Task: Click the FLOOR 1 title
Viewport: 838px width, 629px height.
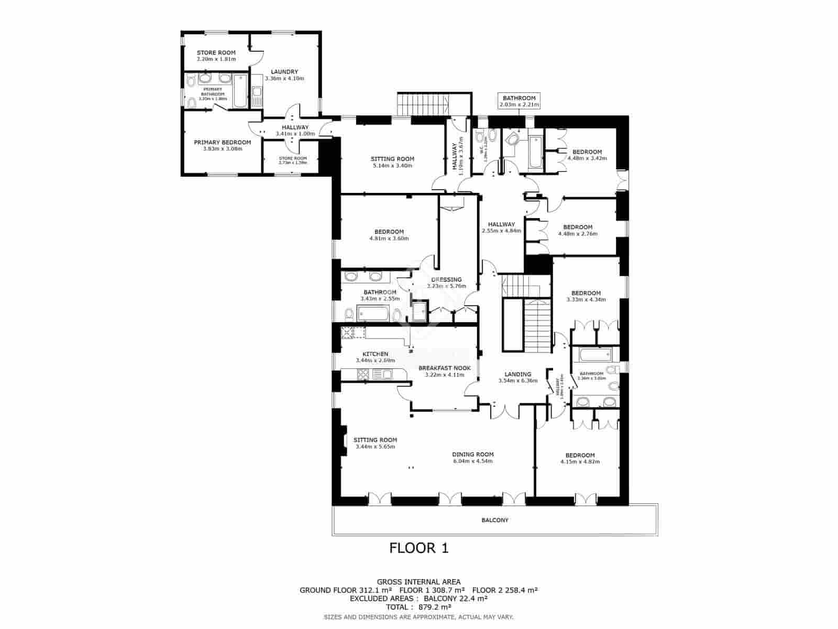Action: click(x=419, y=548)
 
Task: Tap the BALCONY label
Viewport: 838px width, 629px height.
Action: click(x=494, y=520)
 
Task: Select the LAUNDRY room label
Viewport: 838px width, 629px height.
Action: click(x=284, y=72)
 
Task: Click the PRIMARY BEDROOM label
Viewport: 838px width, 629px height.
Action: click(x=222, y=142)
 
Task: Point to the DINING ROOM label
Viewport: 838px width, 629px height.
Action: click(x=473, y=454)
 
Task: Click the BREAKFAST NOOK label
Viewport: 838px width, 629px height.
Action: click(x=444, y=368)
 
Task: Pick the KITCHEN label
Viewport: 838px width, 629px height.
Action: click(x=375, y=354)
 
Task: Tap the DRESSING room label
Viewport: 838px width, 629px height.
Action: click(x=446, y=279)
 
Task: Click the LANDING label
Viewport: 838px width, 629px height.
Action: click(x=517, y=374)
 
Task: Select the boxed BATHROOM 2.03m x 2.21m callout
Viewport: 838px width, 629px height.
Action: click(x=519, y=101)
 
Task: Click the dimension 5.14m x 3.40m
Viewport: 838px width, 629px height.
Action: click(x=392, y=166)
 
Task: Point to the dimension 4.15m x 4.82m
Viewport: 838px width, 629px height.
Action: click(x=580, y=462)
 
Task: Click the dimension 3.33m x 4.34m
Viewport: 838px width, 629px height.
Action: click(x=586, y=300)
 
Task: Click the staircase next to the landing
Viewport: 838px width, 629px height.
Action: click(x=538, y=326)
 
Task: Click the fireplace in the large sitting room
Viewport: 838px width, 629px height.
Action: click(x=342, y=440)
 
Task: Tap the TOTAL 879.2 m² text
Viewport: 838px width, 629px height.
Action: click(x=418, y=607)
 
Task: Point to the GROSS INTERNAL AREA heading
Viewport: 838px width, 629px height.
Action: click(x=418, y=582)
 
